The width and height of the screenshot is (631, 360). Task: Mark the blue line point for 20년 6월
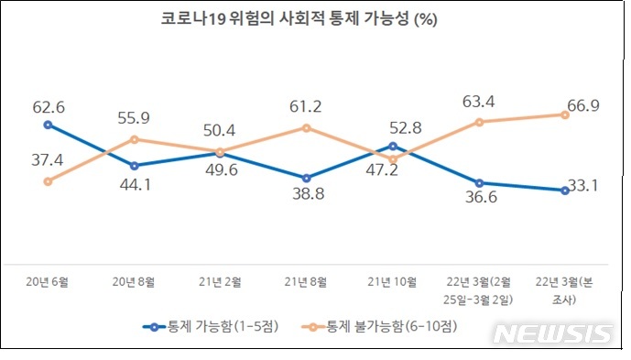[49, 125]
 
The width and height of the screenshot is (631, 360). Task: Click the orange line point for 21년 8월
[307, 127]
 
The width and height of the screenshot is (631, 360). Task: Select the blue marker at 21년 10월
[393, 146]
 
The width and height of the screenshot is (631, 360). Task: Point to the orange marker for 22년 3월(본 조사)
[564, 115]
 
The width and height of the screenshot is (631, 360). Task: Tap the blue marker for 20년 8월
[135, 166]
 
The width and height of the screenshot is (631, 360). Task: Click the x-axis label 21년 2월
[220, 280]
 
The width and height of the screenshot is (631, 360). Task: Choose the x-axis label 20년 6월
[48, 280]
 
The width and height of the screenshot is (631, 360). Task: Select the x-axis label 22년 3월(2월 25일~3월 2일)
[478, 289]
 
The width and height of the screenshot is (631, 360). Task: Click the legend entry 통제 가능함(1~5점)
[213, 326]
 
